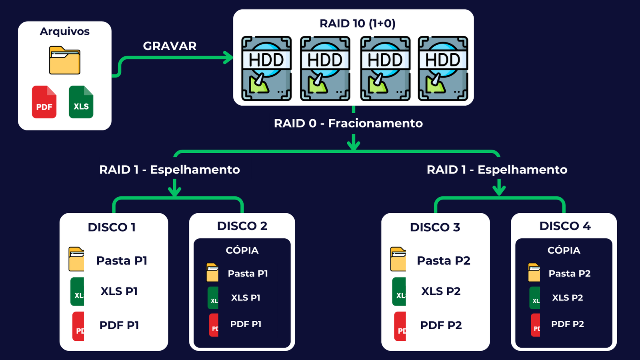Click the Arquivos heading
click(x=64, y=31)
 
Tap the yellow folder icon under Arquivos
click(x=64, y=60)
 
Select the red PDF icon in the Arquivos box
click(x=44, y=102)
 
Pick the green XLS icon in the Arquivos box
click(x=81, y=102)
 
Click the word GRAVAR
click(x=170, y=46)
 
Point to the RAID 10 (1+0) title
click(x=357, y=24)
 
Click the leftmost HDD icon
click(x=266, y=68)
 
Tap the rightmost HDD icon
click(x=443, y=68)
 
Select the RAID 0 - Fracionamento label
click(x=348, y=123)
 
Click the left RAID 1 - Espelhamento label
click(x=170, y=170)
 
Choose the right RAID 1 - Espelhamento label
click(x=497, y=170)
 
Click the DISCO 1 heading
click(x=112, y=227)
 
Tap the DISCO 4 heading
click(x=565, y=226)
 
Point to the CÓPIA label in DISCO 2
click(x=242, y=250)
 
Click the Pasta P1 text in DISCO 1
click(x=122, y=261)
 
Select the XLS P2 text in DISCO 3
click(x=441, y=291)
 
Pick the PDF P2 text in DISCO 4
click(x=567, y=324)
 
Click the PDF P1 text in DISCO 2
click(x=246, y=324)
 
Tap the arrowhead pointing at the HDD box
click(x=229, y=58)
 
